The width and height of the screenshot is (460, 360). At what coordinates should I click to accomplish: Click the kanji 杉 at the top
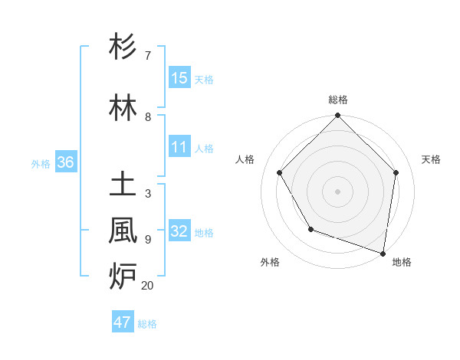point(123,47)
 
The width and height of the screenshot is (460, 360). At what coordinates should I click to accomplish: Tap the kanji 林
point(123,108)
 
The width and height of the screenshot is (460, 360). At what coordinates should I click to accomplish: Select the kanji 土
point(123,185)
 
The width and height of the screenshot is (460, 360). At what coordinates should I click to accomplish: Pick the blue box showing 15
point(179,78)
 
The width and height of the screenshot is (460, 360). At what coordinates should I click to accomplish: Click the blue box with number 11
point(179,148)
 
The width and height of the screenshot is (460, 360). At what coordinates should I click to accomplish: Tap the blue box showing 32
point(179,232)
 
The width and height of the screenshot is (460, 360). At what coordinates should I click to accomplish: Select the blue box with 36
point(65,163)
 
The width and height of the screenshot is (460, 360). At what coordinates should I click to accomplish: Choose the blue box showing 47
point(123,322)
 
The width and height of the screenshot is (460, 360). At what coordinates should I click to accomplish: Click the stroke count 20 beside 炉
point(147,286)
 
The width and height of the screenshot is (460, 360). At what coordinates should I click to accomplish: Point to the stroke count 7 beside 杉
point(147,56)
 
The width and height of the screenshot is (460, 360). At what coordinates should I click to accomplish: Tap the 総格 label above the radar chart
point(337,100)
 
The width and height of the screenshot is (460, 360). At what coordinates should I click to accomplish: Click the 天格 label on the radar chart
point(432,159)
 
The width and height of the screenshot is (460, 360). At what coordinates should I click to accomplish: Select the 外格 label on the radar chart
point(270,262)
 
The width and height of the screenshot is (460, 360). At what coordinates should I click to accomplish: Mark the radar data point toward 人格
point(280,172)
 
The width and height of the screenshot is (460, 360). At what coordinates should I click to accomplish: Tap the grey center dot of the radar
point(337,191)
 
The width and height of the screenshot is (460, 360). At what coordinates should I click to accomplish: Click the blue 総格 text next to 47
point(147,324)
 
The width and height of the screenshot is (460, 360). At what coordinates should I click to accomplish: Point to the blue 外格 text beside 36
point(41,164)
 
